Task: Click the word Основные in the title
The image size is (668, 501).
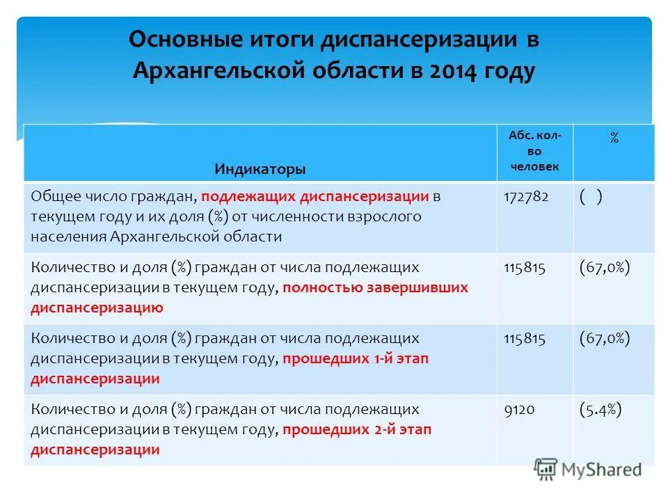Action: (175, 39)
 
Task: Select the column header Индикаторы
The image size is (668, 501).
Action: (260, 169)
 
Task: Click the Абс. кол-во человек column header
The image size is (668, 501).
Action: (534, 151)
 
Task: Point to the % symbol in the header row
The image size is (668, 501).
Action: (614, 138)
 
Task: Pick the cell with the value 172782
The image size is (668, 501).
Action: (526, 197)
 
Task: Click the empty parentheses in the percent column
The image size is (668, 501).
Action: (590, 197)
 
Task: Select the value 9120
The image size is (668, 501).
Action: (518, 410)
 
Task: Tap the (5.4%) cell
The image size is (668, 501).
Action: (600, 410)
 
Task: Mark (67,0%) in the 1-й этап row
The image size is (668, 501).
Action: (604, 339)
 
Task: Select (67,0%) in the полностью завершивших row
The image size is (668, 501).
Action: (604, 268)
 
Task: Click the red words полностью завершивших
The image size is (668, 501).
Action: (376, 287)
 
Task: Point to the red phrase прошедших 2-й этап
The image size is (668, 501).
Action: (357, 430)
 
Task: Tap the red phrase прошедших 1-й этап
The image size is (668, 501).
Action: (356, 359)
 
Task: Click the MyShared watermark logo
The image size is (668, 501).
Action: (588, 469)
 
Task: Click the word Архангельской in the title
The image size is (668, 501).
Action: (221, 71)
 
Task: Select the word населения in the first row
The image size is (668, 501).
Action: (67, 236)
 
